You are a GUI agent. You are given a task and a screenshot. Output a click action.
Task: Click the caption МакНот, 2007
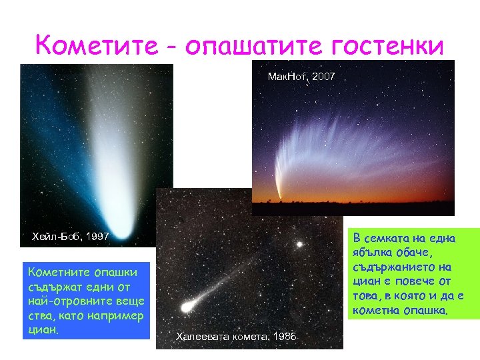(301, 77)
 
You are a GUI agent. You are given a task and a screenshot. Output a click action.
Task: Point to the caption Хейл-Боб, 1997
(71, 236)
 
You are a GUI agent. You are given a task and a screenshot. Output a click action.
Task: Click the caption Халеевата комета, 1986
(236, 337)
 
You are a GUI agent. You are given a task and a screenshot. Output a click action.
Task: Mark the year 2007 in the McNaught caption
(323, 77)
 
